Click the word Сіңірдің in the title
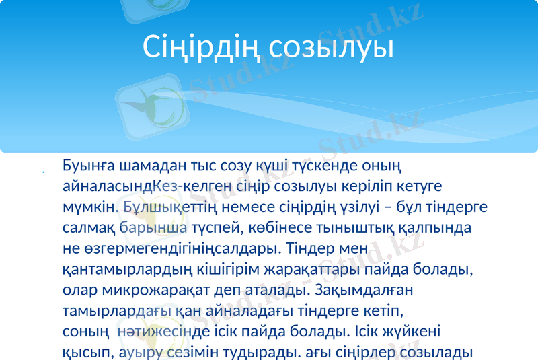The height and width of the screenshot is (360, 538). [202, 47]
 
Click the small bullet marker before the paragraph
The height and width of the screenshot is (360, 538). [44, 173]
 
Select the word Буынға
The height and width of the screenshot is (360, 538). [88, 165]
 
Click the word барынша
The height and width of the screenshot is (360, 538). [158, 227]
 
